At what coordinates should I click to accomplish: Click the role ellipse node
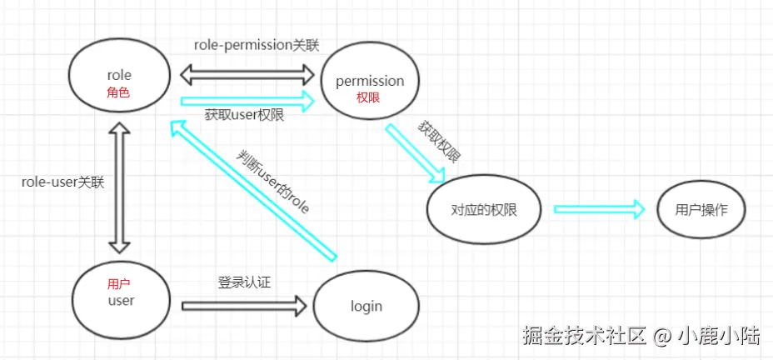119,77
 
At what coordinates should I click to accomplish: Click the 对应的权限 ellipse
483,209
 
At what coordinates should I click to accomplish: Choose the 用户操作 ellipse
701,209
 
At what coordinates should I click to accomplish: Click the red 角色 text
119,93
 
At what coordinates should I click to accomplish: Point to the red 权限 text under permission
368,98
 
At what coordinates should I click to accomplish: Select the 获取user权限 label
244,116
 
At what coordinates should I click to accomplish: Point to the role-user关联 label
62,182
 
